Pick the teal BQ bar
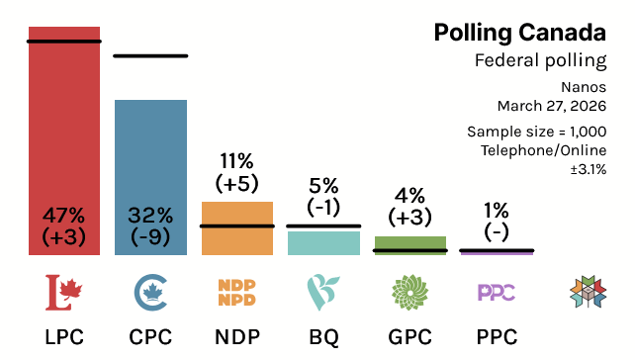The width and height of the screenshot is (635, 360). pyautogui.click(x=323, y=243)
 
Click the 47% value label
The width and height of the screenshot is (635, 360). pyautogui.click(x=64, y=215)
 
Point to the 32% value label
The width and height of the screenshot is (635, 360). pyautogui.click(x=150, y=215)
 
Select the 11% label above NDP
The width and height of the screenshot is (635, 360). pyautogui.click(x=237, y=160)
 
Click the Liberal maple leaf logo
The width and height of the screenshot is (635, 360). pyautogui.click(x=64, y=292)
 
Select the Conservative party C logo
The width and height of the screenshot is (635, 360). pyautogui.click(x=150, y=292)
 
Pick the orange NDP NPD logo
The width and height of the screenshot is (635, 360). pyautogui.click(x=237, y=292)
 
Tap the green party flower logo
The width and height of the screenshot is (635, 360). pyautogui.click(x=410, y=292)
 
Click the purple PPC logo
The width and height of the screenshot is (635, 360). pyautogui.click(x=497, y=292)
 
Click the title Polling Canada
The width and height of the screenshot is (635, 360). pyautogui.click(x=519, y=33)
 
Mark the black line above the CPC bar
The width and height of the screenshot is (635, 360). pyautogui.click(x=150, y=55)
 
